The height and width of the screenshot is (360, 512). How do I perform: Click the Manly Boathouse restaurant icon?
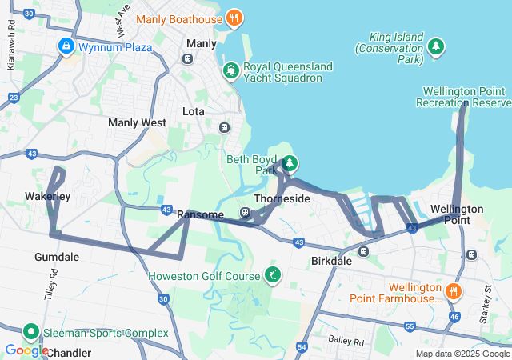point(234,17)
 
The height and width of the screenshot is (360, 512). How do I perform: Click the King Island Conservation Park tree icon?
point(436,47)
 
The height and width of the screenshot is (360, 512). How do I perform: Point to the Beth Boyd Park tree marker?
point(290,164)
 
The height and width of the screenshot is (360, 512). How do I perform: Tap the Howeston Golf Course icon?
point(273,276)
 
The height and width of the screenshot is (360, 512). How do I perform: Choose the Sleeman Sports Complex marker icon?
point(31,332)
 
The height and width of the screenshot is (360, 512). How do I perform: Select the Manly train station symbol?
point(188,58)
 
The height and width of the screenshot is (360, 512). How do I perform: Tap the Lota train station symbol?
point(224,126)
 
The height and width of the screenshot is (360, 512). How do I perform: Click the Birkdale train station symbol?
point(363,251)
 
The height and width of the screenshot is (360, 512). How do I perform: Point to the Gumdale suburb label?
point(57,257)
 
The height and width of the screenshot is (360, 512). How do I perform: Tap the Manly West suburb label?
point(137,123)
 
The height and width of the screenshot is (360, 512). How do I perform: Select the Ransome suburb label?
point(200,214)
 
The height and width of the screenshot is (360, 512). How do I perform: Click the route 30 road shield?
point(163,299)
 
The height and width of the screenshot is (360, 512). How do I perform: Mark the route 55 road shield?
point(410,326)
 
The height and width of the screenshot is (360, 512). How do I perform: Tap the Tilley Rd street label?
point(50,284)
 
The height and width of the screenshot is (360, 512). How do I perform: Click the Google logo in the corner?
point(26,350)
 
